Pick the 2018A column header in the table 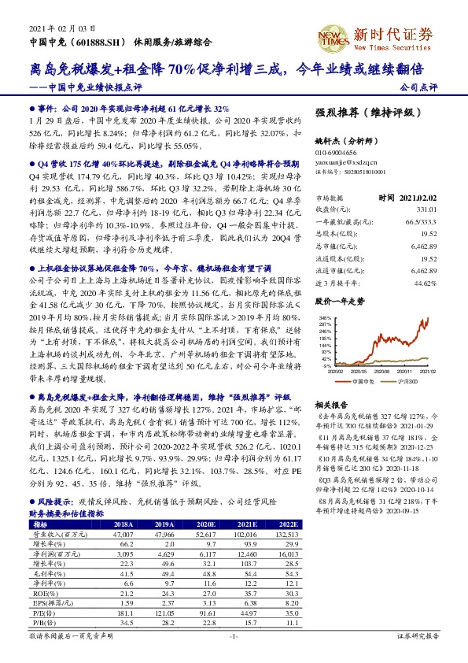click(123, 523)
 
